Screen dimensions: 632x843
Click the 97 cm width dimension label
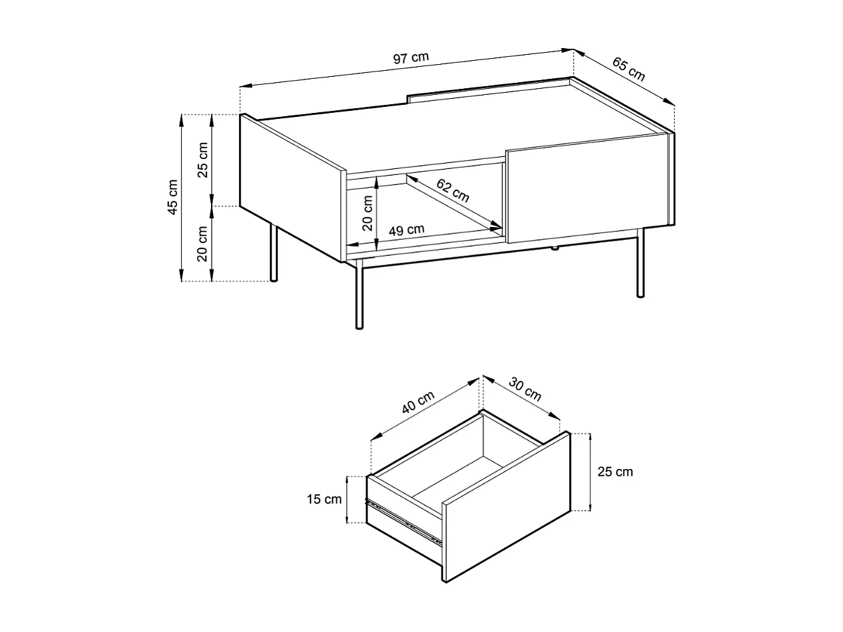(x=410, y=57)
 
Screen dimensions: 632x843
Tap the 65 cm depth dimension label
(x=629, y=69)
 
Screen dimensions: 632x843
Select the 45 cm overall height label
(x=173, y=197)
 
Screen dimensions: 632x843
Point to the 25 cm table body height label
(x=203, y=160)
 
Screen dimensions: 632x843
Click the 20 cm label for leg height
(x=203, y=243)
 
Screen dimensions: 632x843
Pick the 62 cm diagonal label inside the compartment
(x=453, y=191)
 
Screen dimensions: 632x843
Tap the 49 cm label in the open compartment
(x=406, y=230)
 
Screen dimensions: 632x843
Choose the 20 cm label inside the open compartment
(x=367, y=213)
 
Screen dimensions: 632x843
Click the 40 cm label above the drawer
(x=417, y=402)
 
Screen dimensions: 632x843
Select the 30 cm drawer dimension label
(x=525, y=389)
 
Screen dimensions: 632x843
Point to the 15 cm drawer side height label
(x=324, y=499)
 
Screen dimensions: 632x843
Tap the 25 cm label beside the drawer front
(x=615, y=472)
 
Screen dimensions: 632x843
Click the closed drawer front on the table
(x=586, y=188)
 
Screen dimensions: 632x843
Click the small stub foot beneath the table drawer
(x=554, y=249)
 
